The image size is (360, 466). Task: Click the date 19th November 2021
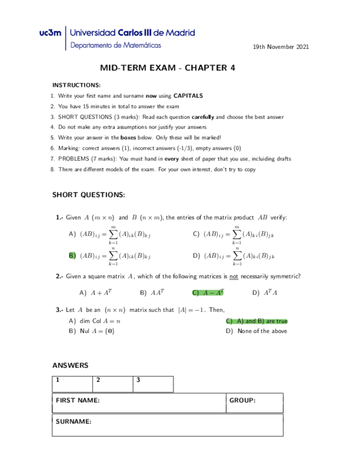[280, 47]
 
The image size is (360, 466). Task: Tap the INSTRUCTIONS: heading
[76, 85]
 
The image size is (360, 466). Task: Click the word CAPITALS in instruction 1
[188, 96]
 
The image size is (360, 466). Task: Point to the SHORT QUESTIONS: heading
[88, 195]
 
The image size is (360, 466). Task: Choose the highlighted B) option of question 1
[72, 256]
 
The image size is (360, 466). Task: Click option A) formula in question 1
[109, 235]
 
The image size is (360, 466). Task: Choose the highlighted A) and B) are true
[257, 321]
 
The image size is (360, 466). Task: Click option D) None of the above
[257, 331]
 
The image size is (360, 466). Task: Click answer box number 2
[113, 384]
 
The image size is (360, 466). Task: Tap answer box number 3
[153, 384]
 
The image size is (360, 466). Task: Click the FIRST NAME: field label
[78, 401]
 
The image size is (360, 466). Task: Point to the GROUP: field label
[242, 401]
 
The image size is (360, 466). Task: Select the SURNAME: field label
[74, 421]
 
